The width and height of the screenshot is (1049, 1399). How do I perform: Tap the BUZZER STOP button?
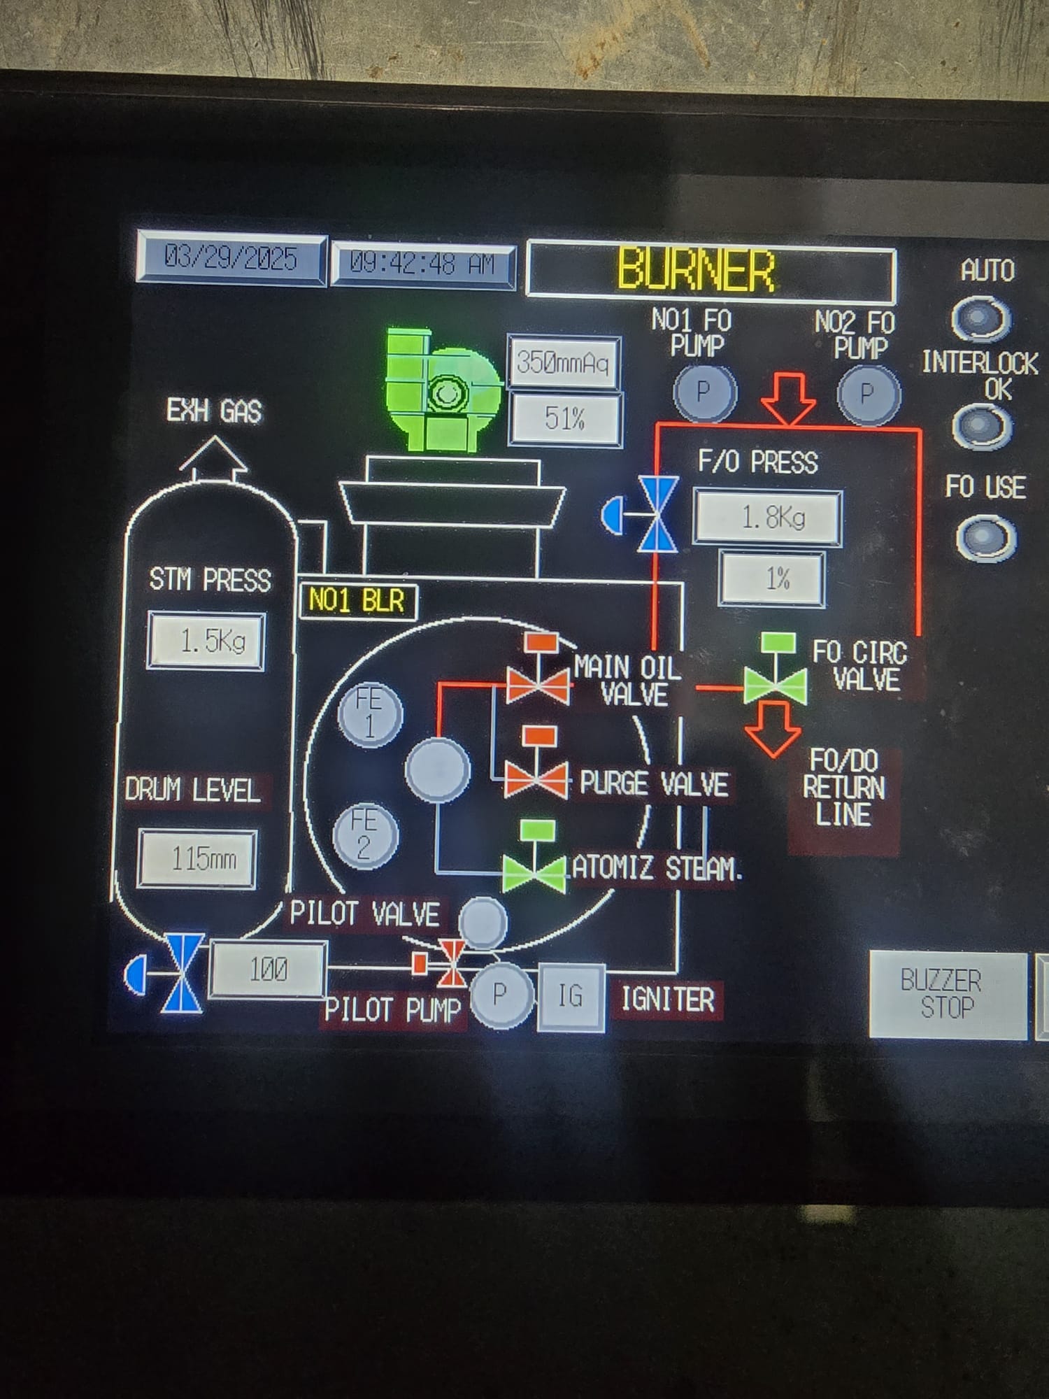tap(947, 994)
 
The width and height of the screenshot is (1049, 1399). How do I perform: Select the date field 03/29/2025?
tap(231, 259)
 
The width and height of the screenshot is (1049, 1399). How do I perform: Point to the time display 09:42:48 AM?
tap(422, 264)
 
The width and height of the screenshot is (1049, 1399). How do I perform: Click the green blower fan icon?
tap(443, 390)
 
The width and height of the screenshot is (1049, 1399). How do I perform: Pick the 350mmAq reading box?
tap(563, 362)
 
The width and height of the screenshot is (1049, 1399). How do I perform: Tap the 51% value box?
tap(565, 419)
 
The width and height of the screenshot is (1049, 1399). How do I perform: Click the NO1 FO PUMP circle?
tap(704, 392)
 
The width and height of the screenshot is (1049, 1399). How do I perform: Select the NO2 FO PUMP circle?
tap(868, 394)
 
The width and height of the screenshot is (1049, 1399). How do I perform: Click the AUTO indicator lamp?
tap(981, 319)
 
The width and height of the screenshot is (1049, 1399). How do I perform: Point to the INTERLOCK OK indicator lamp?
tap(982, 426)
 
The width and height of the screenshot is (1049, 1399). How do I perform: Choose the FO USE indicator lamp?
tap(986, 538)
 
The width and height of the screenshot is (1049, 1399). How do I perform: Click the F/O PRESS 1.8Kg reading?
tap(768, 518)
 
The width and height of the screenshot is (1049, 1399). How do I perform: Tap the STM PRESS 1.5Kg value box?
tap(207, 641)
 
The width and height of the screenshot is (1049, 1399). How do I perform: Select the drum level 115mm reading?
tap(198, 858)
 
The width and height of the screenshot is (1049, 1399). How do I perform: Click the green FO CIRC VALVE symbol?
tap(775, 679)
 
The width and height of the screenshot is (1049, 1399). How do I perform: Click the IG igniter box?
tap(571, 996)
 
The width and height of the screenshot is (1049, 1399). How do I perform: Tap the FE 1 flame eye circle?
tap(370, 714)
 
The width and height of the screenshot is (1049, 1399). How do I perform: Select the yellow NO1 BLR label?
tap(357, 601)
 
